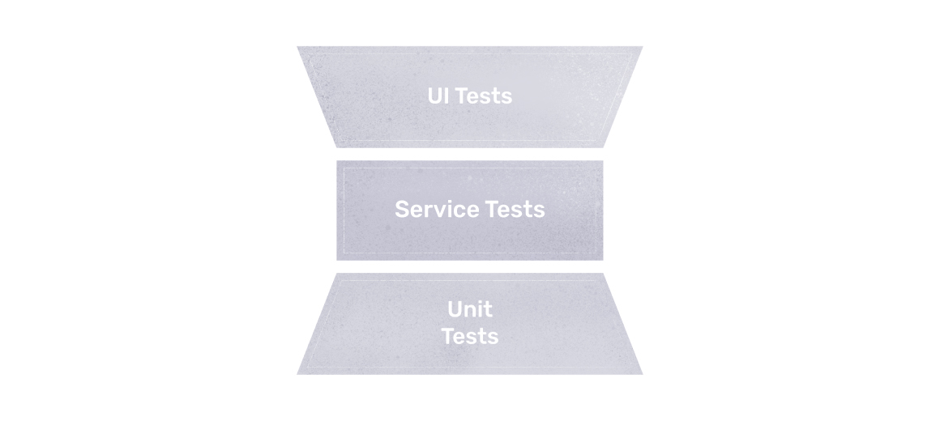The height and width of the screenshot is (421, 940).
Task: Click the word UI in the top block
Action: pos(438,96)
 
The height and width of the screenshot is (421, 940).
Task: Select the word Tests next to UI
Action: pos(483,96)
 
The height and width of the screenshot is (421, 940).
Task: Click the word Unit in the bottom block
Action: pos(470,309)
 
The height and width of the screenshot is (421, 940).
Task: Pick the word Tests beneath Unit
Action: pos(470,335)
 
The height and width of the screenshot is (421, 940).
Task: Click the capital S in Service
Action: pos(403,209)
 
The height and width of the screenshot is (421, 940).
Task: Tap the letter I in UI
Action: pos(446,96)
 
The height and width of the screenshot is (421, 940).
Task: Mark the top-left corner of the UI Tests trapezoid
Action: pos(297,47)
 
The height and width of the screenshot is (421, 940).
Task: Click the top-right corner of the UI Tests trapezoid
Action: pos(642,47)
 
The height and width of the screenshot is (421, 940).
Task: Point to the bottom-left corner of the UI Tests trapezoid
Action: pos(336,147)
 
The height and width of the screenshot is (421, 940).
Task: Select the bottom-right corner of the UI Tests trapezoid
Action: pos(604,147)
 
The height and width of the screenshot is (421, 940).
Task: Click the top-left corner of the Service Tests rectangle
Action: pos(337,161)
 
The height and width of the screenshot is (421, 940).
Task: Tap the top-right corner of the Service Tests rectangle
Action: pos(603,161)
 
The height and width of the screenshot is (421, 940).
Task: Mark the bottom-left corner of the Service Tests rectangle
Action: pos(337,260)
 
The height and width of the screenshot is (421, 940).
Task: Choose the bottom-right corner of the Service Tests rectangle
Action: pos(603,260)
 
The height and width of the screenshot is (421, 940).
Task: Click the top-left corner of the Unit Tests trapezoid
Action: pos(336,274)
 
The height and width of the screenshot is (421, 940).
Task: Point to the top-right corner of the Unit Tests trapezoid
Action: pos(604,274)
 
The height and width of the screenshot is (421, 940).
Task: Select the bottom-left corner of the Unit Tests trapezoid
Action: pos(297,374)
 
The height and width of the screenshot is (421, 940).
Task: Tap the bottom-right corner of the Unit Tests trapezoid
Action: pos(642,374)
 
